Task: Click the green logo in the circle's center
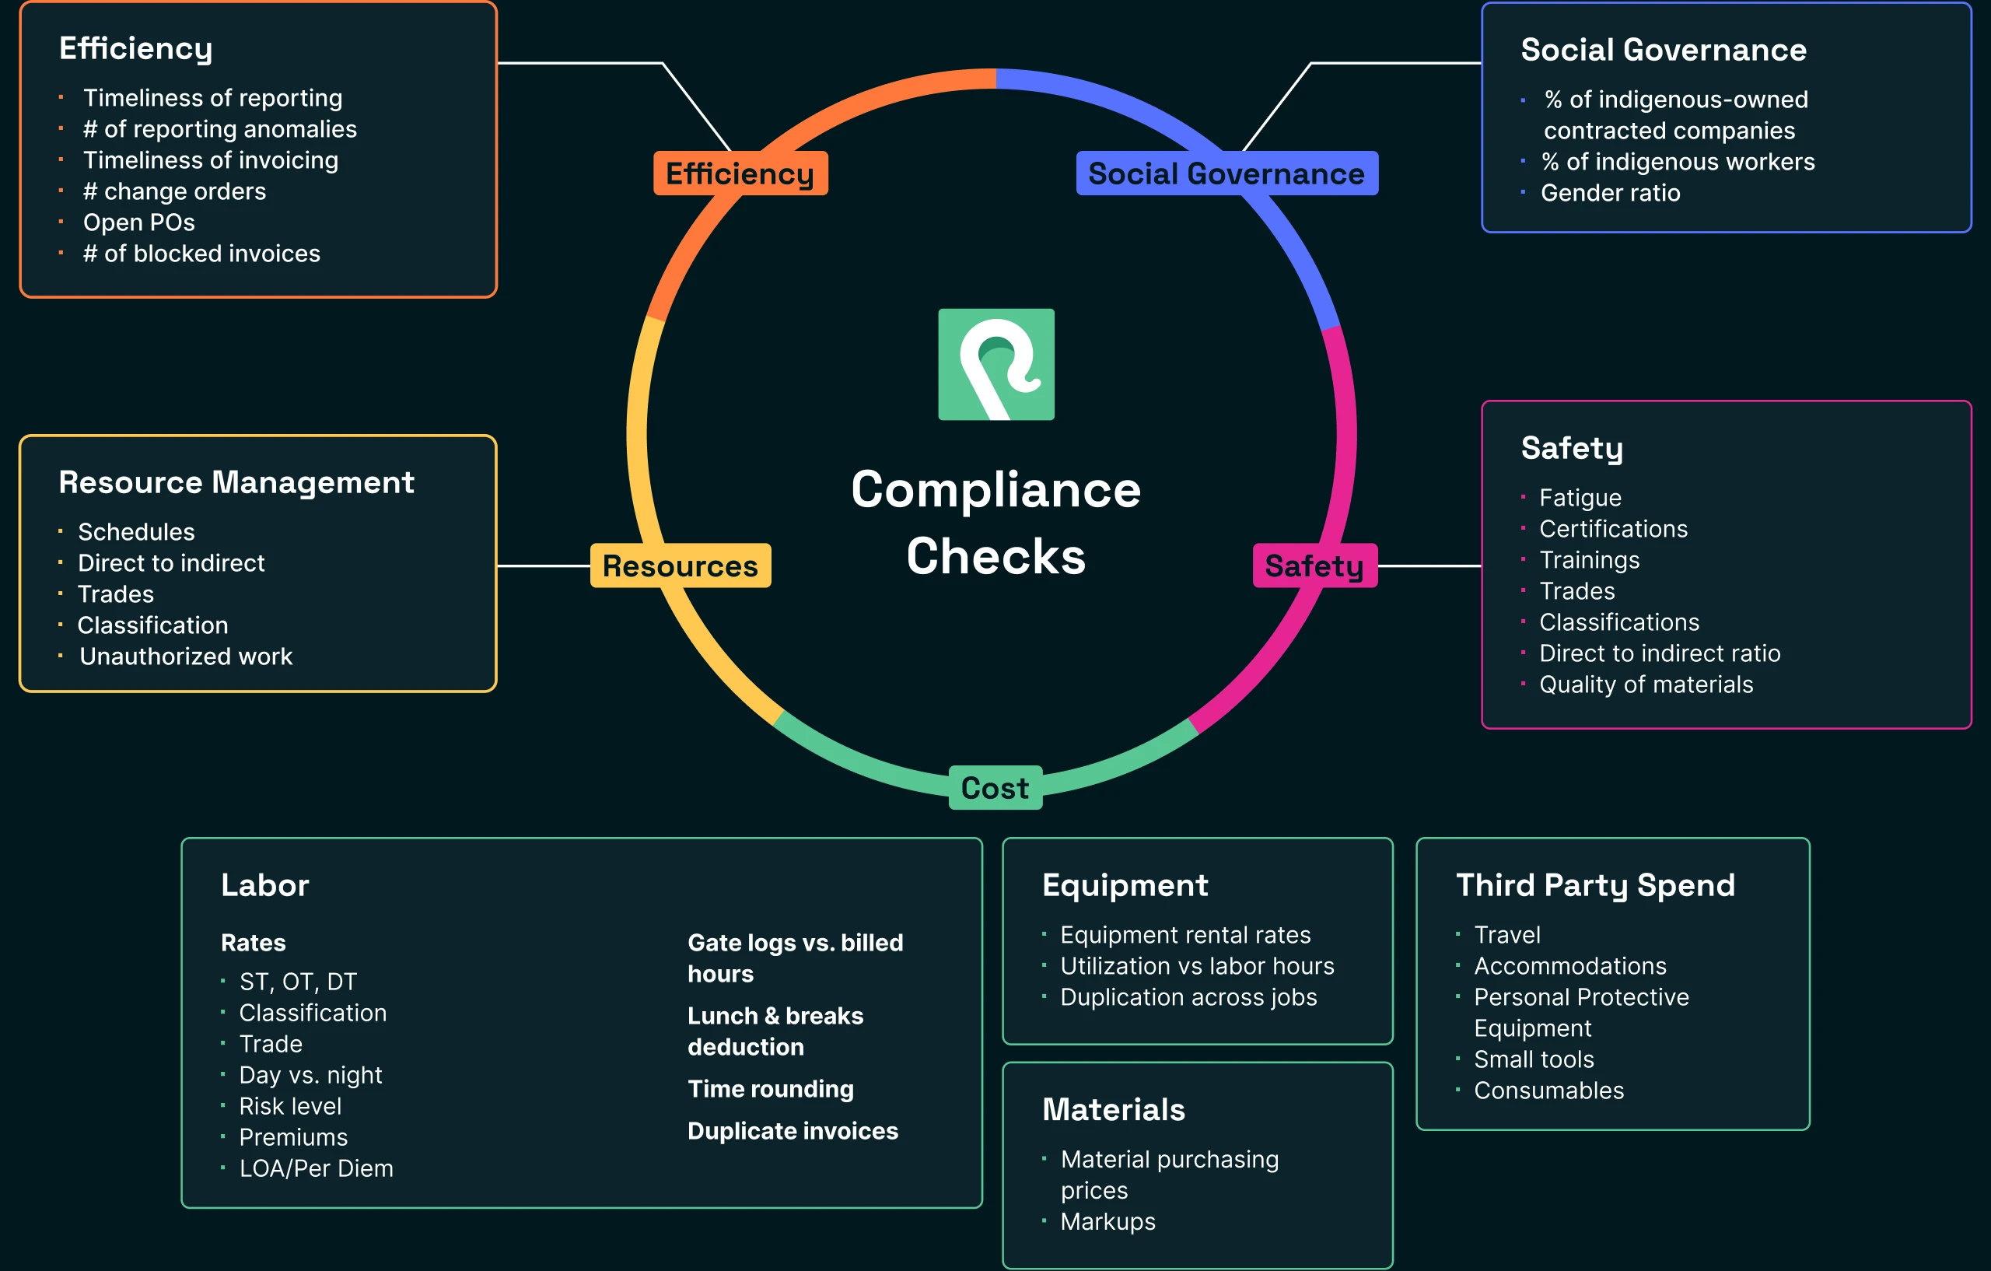(x=995, y=364)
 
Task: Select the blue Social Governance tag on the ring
(x=1226, y=173)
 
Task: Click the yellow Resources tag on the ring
(x=680, y=565)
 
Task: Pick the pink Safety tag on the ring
(x=1314, y=565)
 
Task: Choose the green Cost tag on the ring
(x=995, y=788)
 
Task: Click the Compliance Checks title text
(x=995, y=522)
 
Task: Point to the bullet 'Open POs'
(x=139, y=222)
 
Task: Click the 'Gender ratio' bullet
(x=1610, y=193)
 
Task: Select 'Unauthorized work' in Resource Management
(x=185, y=657)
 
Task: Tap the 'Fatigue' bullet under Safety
(x=1580, y=498)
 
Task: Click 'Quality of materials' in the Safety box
(x=1646, y=685)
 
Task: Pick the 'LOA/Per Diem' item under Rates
(x=316, y=1168)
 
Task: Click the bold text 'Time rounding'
(x=771, y=1089)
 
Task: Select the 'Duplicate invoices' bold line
(x=792, y=1131)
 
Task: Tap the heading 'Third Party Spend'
(x=1595, y=885)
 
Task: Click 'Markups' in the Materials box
(x=1107, y=1221)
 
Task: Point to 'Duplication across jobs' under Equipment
(x=1188, y=997)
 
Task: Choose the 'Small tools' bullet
(x=1534, y=1059)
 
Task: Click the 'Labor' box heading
(x=264, y=885)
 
